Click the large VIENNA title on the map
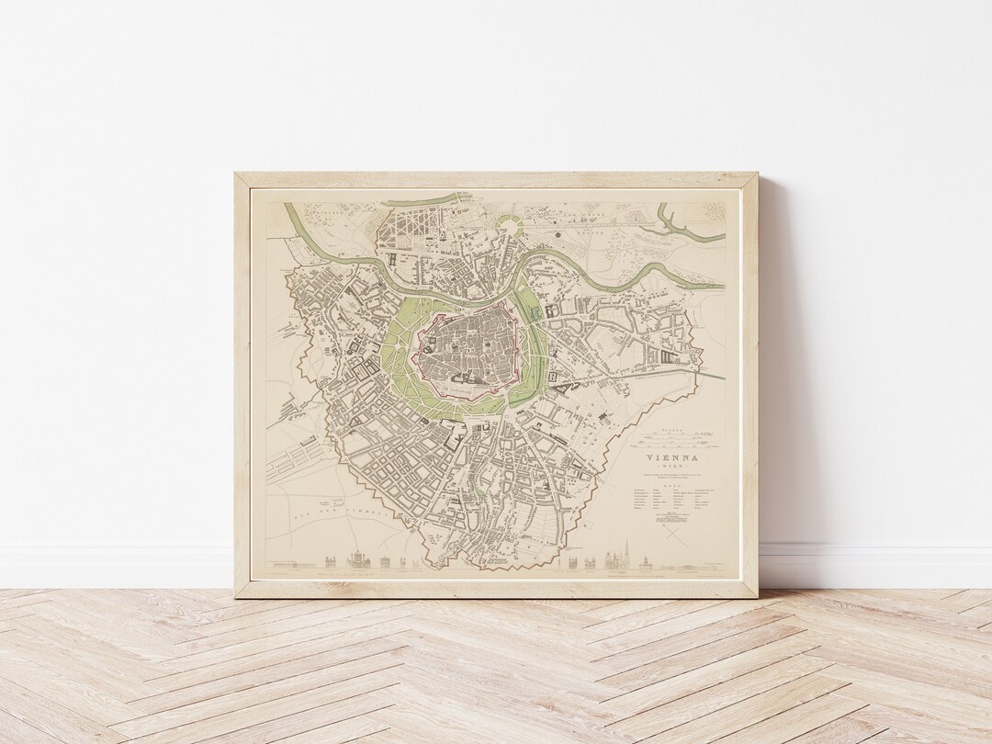pos(672,457)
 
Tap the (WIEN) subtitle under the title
pos(672,466)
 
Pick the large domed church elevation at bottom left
pos(356,558)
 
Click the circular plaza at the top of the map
pos(511,223)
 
